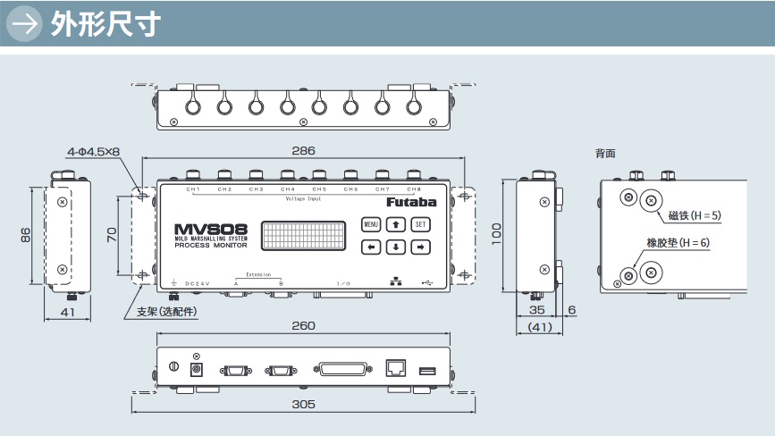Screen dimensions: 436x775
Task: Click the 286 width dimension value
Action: coord(303,151)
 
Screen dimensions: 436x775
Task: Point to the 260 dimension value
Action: coord(303,325)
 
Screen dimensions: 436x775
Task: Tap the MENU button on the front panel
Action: coord(372,224)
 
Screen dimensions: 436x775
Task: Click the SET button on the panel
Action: coord(421,224)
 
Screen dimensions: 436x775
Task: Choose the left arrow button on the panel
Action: coord(372,247)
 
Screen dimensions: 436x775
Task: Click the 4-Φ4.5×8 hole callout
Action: coord(93,152)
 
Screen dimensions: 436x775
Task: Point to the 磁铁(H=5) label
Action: coord(695,215)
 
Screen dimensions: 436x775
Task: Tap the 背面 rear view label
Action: coord(605,154)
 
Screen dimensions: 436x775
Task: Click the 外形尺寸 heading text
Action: coord(105,24)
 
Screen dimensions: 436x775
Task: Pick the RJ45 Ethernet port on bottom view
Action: coord(396,367)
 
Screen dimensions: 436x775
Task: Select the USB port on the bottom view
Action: coord(428,368)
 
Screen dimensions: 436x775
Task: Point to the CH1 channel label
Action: coord(192,189)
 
